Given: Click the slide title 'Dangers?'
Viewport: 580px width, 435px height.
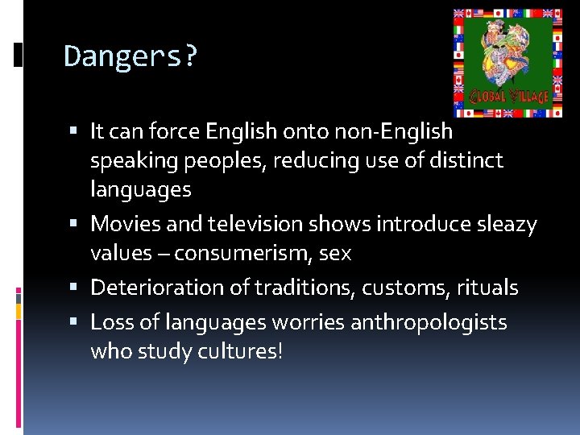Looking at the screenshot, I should pyautogui.click(x=130, y=57).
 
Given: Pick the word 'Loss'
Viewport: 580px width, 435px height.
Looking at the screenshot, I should pyautogui.click(x=110, y=322).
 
